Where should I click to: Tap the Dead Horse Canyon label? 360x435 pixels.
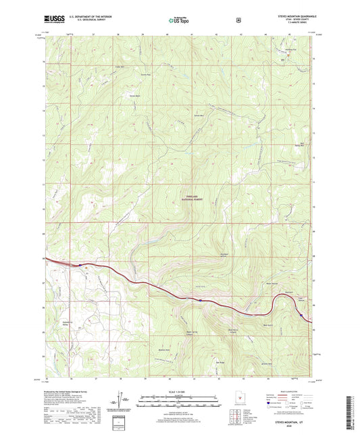click(233, 330)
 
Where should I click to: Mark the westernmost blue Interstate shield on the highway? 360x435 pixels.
click(80, 264)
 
